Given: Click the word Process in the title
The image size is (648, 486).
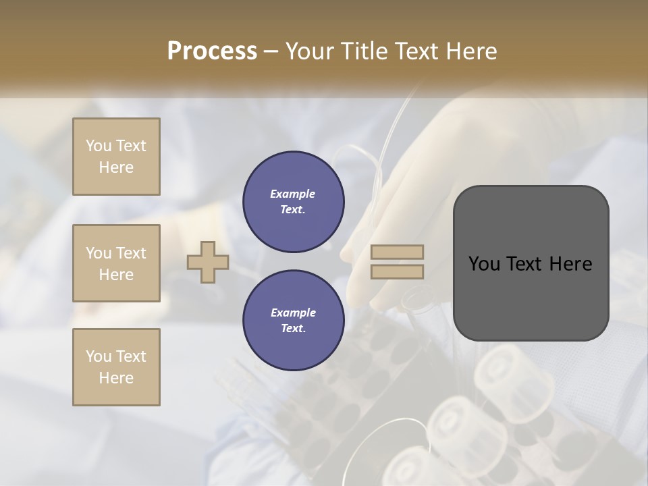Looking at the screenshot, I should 212,51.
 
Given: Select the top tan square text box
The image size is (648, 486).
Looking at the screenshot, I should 116,157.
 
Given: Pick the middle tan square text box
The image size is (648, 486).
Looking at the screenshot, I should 116,263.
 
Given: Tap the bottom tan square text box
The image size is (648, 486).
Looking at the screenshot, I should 116,367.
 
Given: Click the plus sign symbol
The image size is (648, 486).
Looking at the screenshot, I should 208,262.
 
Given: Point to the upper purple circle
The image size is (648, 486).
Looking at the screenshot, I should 293,202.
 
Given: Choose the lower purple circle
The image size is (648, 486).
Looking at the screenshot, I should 293,321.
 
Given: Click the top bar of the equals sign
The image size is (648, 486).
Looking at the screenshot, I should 398,252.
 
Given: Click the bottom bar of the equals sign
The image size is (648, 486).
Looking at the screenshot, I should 398,271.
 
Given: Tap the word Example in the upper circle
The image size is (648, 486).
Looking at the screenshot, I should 293,194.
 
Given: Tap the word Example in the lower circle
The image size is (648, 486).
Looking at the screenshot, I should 293,313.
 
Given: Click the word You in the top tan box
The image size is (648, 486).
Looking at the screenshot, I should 99,146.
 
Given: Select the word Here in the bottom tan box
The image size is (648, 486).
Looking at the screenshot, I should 116,378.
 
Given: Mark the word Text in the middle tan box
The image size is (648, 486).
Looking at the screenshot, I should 130,253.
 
